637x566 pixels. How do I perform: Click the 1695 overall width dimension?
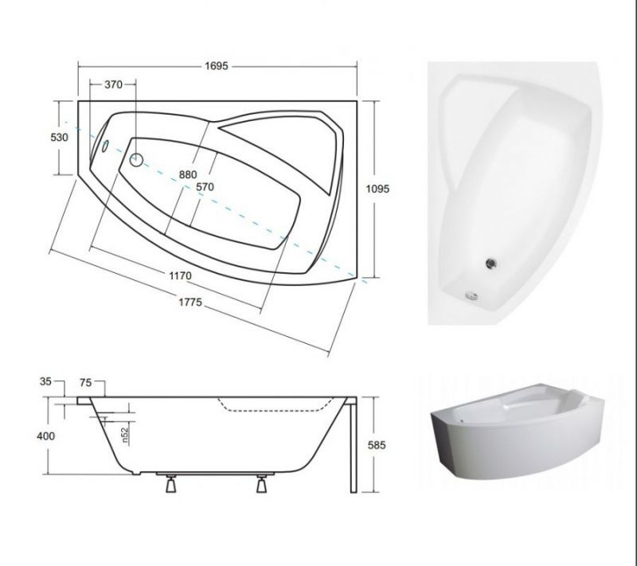click(x=217, y=66)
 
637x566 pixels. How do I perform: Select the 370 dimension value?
click(x=113, y=84)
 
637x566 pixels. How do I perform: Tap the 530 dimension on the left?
click(x=59, y=137)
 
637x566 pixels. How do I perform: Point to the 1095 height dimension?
click(x=377, y=189)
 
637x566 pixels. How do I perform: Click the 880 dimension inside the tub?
click(x=188, y=174)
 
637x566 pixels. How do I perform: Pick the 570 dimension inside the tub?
click(x=205, y=187)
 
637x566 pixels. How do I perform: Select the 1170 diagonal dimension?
click(x=181, y=275)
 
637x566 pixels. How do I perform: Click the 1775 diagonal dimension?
click(x=190, y=302)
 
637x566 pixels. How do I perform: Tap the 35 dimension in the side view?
click(x=46, y=381)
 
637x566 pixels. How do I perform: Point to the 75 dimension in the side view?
click(x=86, y=382)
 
